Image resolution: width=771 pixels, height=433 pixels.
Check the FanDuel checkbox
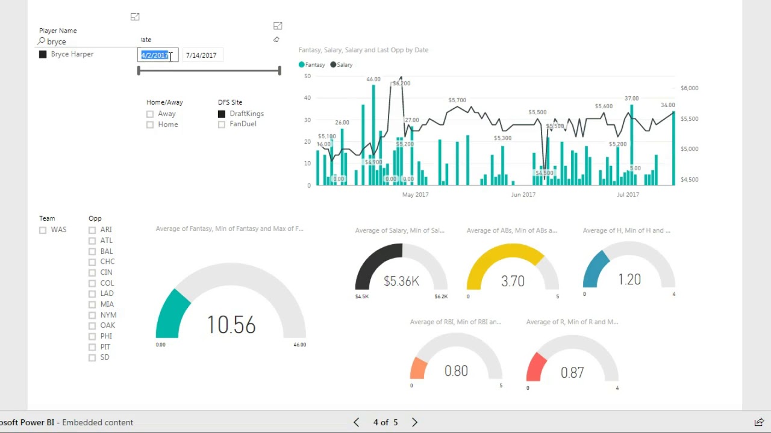click(222, 124)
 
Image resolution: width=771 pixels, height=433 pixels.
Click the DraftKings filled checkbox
click(222, 114)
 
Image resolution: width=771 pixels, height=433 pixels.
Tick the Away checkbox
click(150, 114)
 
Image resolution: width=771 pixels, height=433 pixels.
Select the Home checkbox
click(150, 124)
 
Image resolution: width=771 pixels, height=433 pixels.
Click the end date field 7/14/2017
click(201, 55)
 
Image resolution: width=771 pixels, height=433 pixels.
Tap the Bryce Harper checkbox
click(43, 54)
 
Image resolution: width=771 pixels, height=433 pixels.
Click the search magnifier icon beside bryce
click(42, 41)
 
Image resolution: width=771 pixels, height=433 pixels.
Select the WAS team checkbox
click(43, 230)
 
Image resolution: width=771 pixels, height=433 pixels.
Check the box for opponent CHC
click(92, 262)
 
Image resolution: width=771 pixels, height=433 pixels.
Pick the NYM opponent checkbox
click(92, 315)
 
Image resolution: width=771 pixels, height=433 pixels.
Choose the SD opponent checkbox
click(92, 357)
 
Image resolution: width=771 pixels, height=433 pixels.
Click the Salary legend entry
click(342, 65)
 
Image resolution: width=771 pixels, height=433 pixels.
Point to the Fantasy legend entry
click(312, 65)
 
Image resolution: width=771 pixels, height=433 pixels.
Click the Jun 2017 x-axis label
click(523, 195)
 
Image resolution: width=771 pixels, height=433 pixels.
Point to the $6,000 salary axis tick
click(689, 88)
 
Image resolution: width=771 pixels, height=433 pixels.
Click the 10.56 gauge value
click(231, 325)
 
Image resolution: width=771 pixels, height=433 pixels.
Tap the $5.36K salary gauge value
click(401, 281)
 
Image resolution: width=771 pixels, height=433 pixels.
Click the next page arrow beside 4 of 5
click(414, 422)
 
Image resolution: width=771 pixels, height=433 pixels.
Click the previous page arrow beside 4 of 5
click(357, 422)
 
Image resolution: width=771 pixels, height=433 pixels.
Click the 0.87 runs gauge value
click(572, 373)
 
